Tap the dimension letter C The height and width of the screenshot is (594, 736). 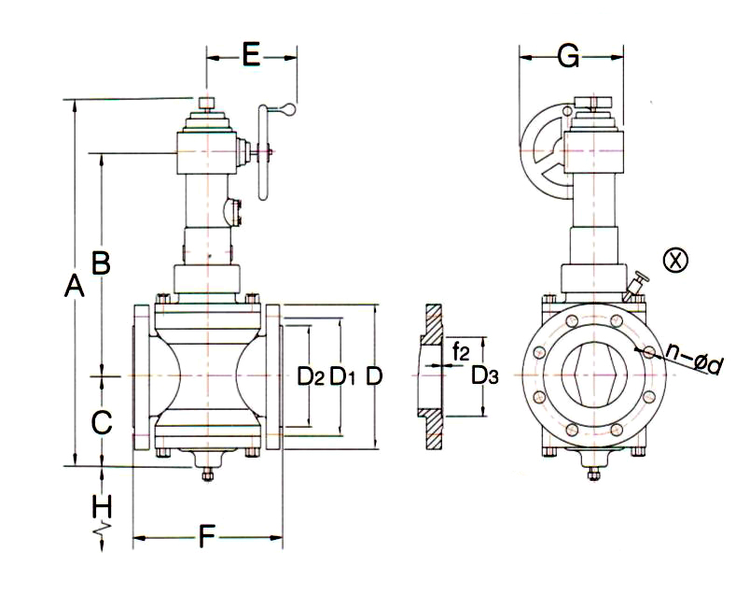(102, 422)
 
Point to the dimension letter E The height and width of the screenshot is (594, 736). (250, 55)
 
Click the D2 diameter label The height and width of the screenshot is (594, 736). (311, 376)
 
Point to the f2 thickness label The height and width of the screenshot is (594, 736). (460, 352)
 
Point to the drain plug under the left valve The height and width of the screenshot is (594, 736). (208, 470)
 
